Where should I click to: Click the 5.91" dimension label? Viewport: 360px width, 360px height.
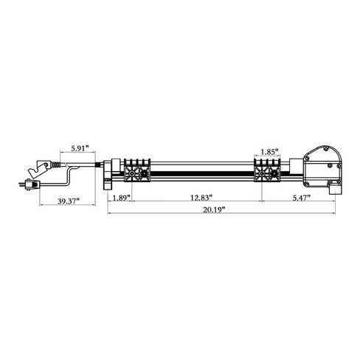coord(80,148)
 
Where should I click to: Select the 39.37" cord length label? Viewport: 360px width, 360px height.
coord(69,201)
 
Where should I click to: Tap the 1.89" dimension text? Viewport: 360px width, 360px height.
coord(121,198)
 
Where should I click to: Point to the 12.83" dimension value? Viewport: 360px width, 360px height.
coord(201,198)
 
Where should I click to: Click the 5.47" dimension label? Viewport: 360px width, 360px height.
coord(302,198)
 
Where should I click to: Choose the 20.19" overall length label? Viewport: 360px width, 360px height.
coord(214,210)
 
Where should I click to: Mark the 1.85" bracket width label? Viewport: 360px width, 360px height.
coord(269,152)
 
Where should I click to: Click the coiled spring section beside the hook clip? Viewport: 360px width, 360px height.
coord(56,165)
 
